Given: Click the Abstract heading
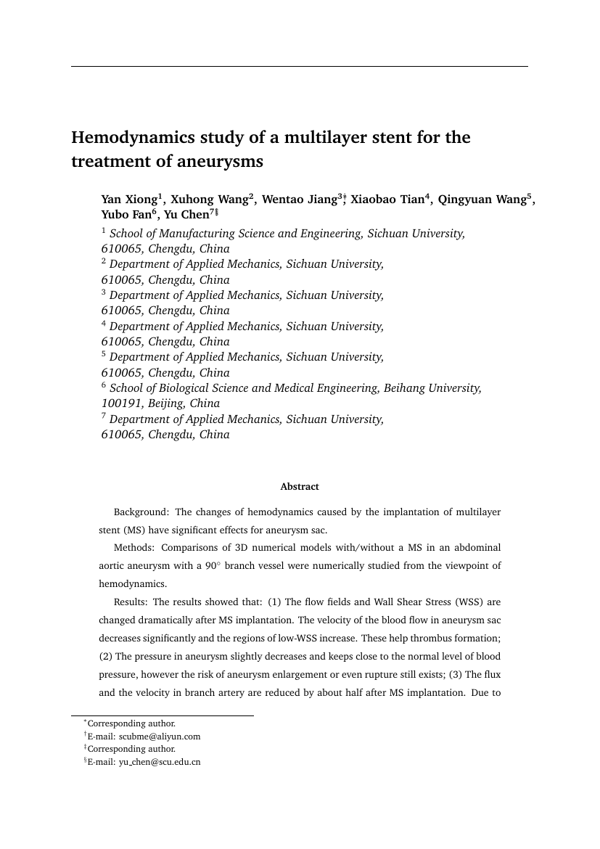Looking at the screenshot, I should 300,487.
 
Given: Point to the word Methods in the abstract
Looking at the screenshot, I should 133,547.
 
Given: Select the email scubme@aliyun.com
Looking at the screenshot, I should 160,737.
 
